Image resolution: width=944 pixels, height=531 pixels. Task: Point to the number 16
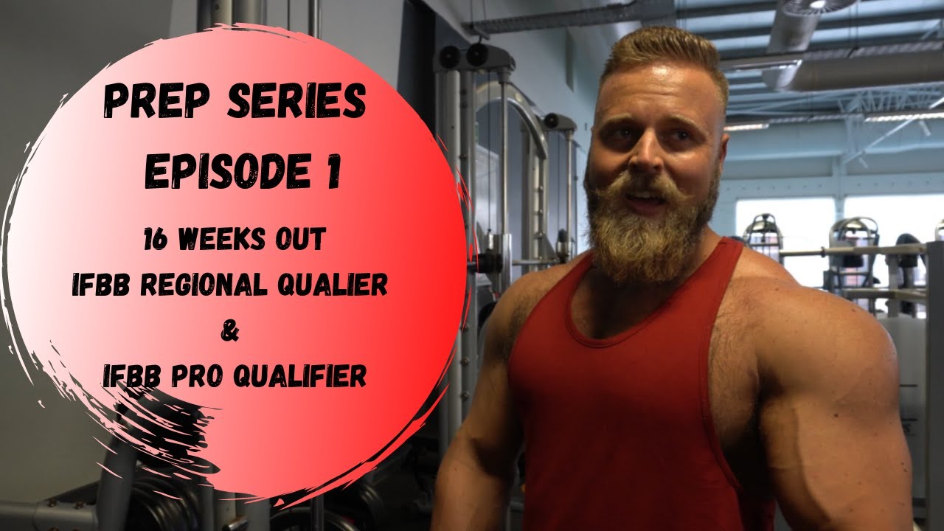156,241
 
